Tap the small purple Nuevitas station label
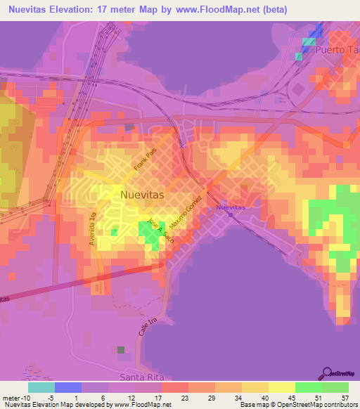pos(231,208)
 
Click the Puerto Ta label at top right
pos(337,50)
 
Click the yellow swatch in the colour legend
pos(281,387)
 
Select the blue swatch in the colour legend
pos(67,387)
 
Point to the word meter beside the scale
pos(9,397)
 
